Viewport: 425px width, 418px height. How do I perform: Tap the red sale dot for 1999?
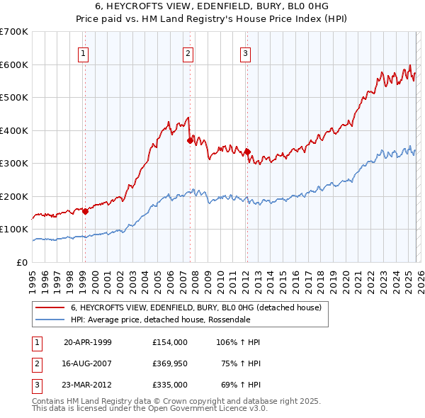(x=85, y=210)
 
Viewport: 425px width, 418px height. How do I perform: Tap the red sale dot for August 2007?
(x=190, y=140)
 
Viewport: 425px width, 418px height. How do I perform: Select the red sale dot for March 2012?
(x=248, y=152)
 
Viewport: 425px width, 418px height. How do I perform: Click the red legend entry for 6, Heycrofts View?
(x=196, y=307)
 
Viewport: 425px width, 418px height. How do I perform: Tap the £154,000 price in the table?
(x=170, y=342)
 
